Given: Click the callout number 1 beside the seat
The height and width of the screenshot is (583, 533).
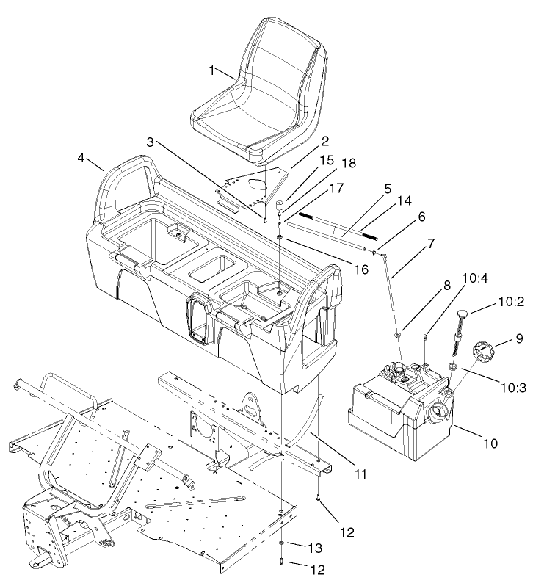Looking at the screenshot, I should (x=211, y=70).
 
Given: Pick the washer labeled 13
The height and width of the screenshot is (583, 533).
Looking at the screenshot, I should (x=283, y=543).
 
